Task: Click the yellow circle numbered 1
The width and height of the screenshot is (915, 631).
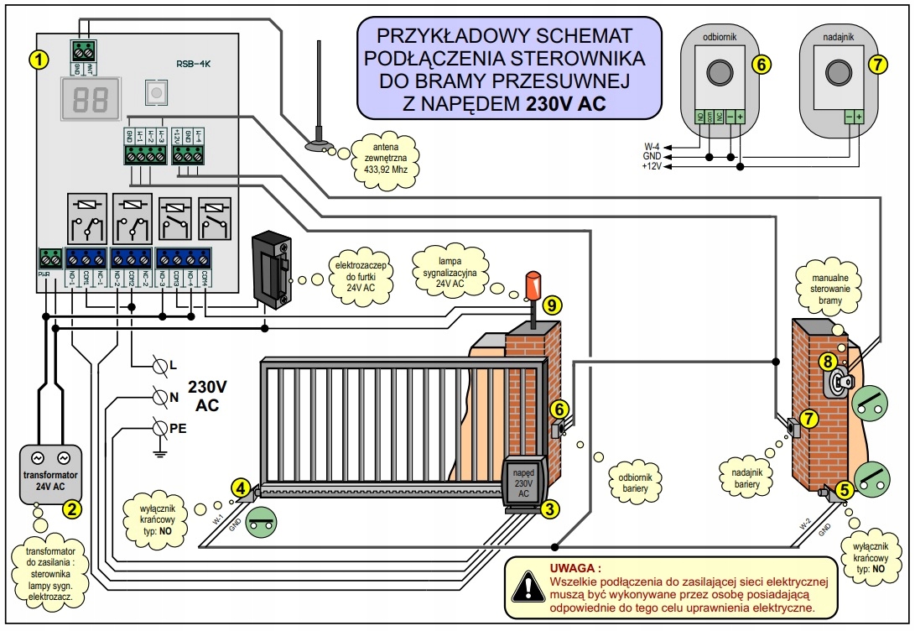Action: coord(37,59)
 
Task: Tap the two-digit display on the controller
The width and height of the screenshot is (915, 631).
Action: coord(88,99)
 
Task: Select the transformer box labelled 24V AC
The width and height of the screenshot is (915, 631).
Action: coord(49,472)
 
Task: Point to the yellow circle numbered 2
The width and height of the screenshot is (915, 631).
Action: coord(72,508)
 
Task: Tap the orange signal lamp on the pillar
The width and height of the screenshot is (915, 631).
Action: coord(532,286)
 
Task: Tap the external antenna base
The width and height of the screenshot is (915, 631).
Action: coord(318,147)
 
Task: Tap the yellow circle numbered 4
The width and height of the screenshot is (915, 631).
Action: coord(242,487)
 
